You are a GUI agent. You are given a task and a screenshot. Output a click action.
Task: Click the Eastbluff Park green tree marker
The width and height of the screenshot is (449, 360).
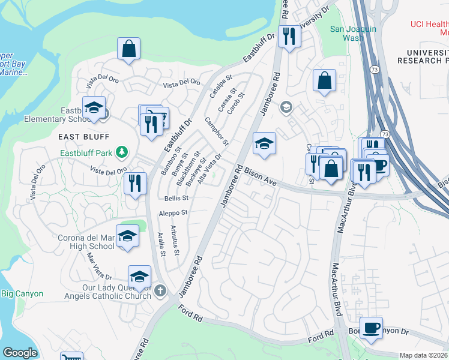tap(122, 152)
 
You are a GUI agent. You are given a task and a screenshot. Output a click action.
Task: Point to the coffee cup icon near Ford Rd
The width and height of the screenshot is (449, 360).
tap(372, 328)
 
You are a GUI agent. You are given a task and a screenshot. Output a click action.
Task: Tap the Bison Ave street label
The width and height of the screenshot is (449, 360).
tap(259, 177)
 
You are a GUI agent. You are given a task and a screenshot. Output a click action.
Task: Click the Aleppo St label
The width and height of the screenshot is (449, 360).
tap(173, 212)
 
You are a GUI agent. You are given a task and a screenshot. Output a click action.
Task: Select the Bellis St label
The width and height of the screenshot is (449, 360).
tap(176, 198)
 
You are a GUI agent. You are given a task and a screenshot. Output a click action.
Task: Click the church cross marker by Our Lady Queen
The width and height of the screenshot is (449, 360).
tap(160, 291)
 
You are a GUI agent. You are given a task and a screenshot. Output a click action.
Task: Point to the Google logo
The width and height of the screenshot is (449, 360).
tap(20, 352)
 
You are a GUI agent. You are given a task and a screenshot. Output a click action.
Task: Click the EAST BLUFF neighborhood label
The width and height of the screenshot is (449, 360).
tap(78, 137)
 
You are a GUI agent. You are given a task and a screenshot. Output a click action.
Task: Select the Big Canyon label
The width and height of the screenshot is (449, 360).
tap(22, 293)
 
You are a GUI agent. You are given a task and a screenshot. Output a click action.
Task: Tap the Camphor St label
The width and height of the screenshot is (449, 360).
tap(217, 131)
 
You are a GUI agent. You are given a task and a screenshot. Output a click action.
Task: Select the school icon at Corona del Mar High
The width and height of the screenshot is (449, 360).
tap(127, 236)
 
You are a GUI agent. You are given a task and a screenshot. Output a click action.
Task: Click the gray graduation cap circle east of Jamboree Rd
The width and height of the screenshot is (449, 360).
tap(286, 107)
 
